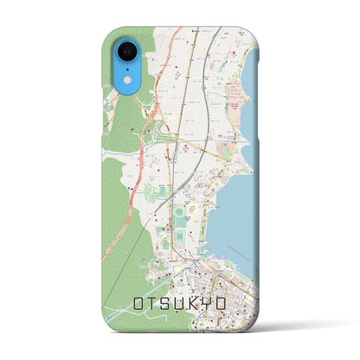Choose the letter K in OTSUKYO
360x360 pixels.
point(200,304)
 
